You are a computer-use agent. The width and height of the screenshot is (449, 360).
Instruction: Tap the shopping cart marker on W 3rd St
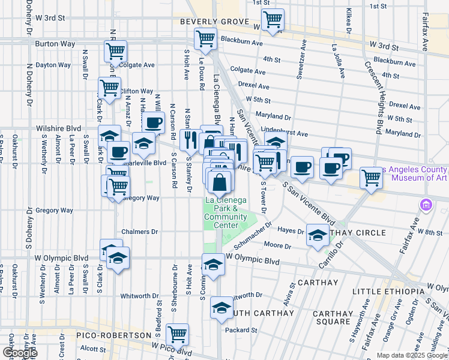(x=273, y=20)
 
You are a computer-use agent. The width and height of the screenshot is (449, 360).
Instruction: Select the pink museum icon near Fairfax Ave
(x=427, y=205)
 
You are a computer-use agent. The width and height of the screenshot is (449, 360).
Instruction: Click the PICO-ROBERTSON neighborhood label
(x=113, y=335)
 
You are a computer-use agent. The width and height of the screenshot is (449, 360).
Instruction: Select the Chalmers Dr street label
(x=139, y=232)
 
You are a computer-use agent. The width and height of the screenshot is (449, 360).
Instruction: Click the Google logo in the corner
(x=19, y=352)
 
